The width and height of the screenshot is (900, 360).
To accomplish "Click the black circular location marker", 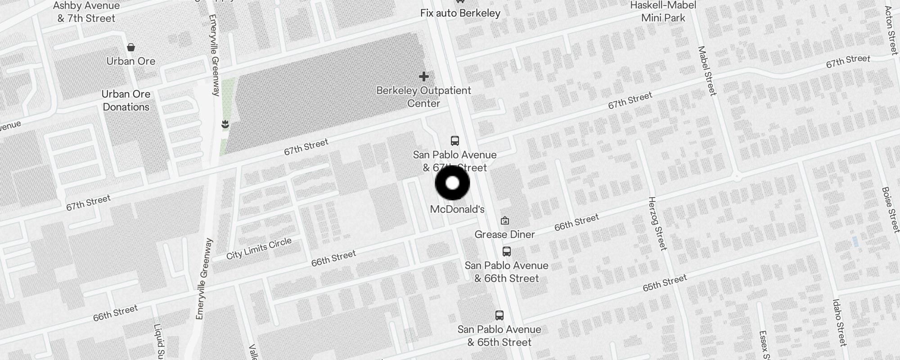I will [x=452, y=183].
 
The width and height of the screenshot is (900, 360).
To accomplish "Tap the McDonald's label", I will [x=457, y=209].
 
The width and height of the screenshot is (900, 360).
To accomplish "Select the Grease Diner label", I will [x=504, y=234].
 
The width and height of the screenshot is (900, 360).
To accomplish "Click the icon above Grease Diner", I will [x=505, y=220].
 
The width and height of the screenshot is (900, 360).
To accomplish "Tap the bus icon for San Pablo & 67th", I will [x=455, y=141].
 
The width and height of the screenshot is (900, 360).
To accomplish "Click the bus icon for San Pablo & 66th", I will [x=507, y=252].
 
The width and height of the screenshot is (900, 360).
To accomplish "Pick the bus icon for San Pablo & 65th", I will [x=499, y=315].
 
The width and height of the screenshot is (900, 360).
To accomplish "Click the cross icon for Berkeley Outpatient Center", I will [x=423, y=76].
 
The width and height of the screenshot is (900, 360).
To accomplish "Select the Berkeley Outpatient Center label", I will [x=423, y=97].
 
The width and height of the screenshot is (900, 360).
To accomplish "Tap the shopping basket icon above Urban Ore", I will [x=131, y=47].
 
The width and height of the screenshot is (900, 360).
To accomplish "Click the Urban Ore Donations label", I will [x=126, y=100].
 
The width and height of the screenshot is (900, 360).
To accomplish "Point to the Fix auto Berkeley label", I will [x=460, y=13].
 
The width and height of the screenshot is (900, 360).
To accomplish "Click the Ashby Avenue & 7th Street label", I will [x=86, y=12].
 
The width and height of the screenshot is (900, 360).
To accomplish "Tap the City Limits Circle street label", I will [x=259, y=249].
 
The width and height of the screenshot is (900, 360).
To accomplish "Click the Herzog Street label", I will [x=657, y=223].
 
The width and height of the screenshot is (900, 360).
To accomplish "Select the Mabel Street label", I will [x=706, y=71].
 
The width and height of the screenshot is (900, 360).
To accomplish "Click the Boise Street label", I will [x=890, y=210].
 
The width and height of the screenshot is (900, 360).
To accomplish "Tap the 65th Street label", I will [x=665, y=283].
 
